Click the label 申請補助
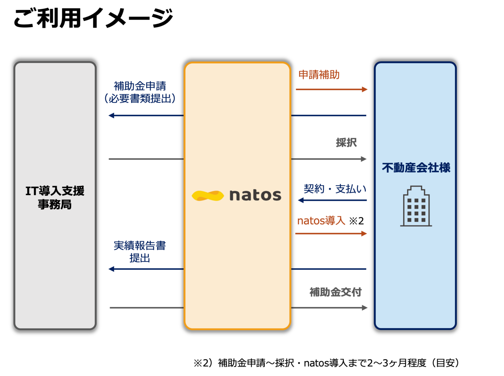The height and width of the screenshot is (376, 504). [319, 75]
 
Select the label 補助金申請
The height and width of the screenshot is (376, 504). [140, 86]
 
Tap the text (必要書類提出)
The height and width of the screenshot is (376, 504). [140, 98]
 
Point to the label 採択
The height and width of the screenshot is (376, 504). [346, 142]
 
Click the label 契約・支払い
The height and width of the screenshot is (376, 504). [335, 189]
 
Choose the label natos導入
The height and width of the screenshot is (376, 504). [321, 221]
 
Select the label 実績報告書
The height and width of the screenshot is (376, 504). [140, 246]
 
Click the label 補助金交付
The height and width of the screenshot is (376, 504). [336, 292]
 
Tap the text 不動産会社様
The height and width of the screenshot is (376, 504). [416, 168]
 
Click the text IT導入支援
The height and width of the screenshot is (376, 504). [55, 191]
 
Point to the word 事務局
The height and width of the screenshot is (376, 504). [55, 204]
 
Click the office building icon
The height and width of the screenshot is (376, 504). [416, 206]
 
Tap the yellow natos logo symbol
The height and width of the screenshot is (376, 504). [208, 196]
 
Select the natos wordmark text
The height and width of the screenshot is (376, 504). [255, 195]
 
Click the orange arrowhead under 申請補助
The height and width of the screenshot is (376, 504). [365, 89]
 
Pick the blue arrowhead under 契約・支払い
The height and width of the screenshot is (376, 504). [301, 200]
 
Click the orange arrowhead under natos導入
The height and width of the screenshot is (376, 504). [364, 234]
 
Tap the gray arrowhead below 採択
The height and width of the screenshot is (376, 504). [364, 159]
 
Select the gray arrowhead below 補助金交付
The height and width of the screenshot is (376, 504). [364, 308]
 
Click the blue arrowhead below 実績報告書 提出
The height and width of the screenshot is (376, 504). [111, 269]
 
